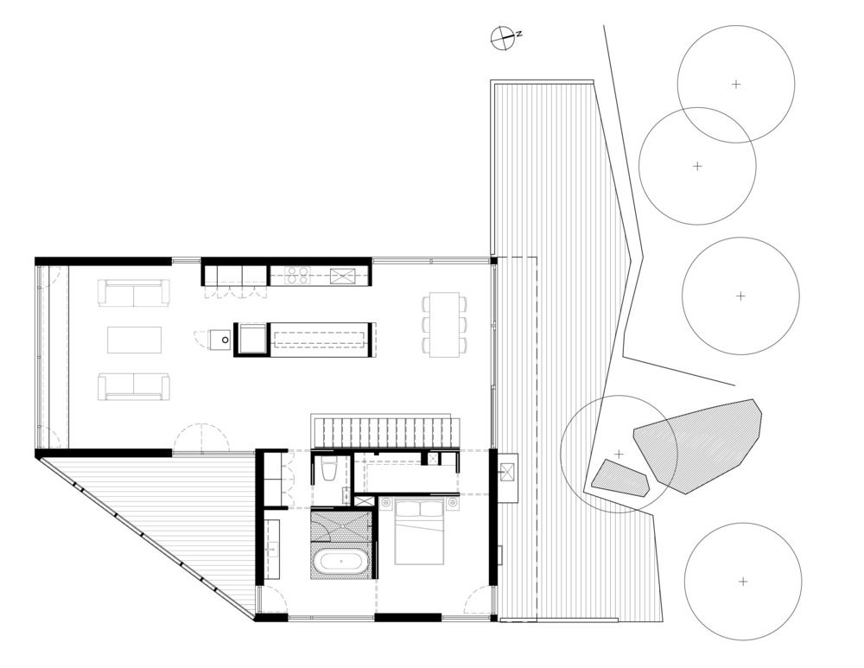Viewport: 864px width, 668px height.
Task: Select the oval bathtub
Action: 340,562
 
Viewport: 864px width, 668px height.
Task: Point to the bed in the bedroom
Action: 419,531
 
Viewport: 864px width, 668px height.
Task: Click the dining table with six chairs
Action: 445,325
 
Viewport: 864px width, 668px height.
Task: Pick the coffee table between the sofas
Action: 135,340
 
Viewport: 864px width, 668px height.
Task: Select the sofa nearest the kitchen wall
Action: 134,293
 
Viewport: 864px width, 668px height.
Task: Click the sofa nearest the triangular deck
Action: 134,387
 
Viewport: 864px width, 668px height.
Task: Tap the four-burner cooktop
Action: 298,275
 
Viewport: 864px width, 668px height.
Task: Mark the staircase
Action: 385,431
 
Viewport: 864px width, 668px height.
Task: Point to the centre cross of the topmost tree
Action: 736,85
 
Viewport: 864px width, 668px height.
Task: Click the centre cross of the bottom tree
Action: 743,582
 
